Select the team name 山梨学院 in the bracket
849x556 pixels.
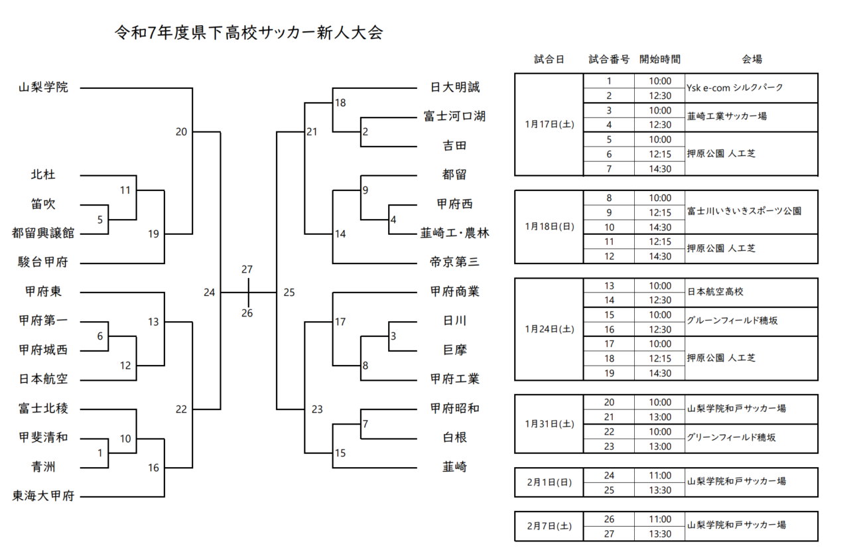pyautogui.click(x=43, y=87)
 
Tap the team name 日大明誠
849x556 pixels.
pyautogui.click(x=455, y=87)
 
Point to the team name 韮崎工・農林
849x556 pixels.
pyautogui.click(x=455, y=233)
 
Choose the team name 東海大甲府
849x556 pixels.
pyautogui.click(x=43, y=496)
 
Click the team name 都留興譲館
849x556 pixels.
pyautogui.click(x=43, y=233)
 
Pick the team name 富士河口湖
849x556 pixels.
pyautogui.click(x=455, y=116)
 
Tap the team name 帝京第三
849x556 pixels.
pyautogui.click(x=455, y=262)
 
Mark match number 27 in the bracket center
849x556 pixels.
pyautogui.click(x=247, y=269)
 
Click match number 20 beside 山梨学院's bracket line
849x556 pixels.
pyautogui.click(x=181, y=131)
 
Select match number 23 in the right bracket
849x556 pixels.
pyautogui.click(x=317, y=409)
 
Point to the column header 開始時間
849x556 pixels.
pyautogui.click(x=660, y=59)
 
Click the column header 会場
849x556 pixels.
pyautogui.click(x=751, y=59)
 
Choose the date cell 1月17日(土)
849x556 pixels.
pyautogui.click(x=549, y=124)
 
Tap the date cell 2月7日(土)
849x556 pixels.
pyautogui.click(x=549, y=526)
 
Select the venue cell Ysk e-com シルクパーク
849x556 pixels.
pyautogui.click(x=735, y=88)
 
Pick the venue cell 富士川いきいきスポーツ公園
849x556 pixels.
pyautogui.click(x=744, y=212)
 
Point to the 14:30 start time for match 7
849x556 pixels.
pyautogui.click(x=660, y=169)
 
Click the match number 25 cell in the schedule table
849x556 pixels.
pyautogui.click(x=609, y=490)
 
